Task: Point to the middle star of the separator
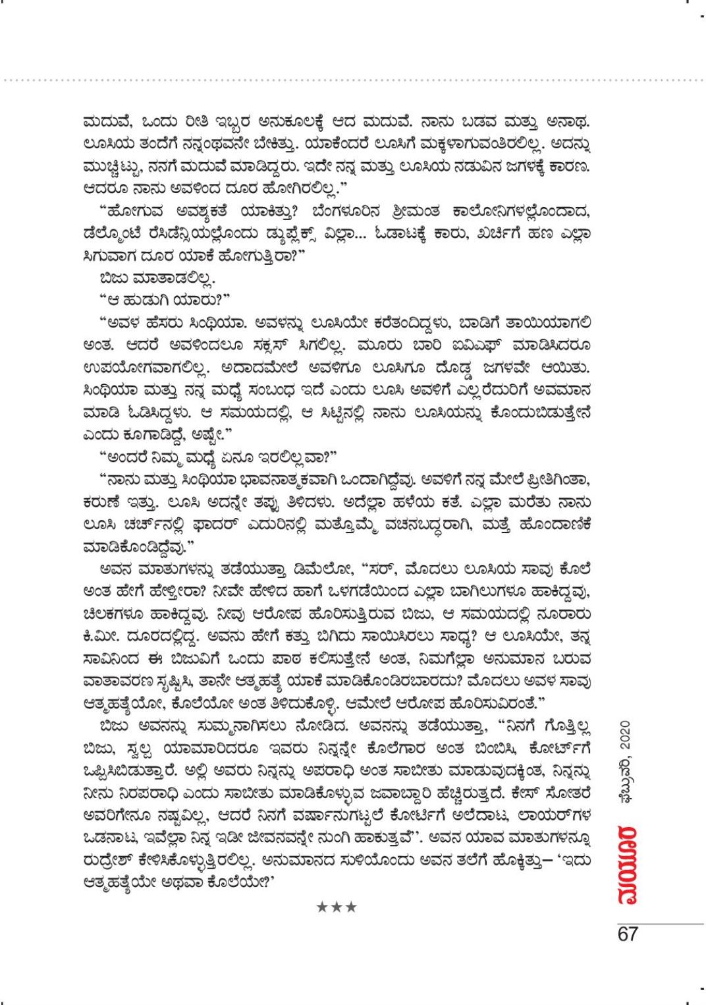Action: coord(337,907)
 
